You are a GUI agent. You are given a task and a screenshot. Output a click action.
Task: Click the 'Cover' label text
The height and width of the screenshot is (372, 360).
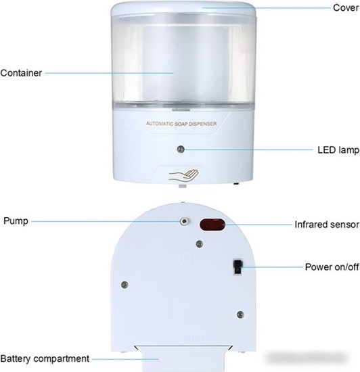(x=346, y=7)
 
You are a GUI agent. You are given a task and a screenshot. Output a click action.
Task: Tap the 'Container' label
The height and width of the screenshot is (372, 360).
(x=21, y=73)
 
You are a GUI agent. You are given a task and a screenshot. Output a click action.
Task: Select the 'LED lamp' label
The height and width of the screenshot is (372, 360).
(x=338, y=150)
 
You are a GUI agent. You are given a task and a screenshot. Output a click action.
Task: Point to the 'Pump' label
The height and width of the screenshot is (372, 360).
(x=16, y=221)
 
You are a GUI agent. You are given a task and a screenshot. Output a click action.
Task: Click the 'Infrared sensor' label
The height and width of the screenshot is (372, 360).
(x=327, y=225)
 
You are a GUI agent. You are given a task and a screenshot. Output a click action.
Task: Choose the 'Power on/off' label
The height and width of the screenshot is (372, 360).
(x=332, y=267)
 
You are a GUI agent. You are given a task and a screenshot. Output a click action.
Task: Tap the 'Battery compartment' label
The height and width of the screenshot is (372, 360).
(x=45, y=358)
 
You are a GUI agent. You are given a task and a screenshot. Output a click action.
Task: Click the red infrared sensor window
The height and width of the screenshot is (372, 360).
(x=212, y=225)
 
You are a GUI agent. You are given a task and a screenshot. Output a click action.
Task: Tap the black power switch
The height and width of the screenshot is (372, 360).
(x=238, y=267)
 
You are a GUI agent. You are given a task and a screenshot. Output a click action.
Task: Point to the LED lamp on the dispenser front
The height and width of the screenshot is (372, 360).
(x=181, y=149)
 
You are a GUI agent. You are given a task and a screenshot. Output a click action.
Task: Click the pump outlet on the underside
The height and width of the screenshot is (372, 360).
(x=184, y=221)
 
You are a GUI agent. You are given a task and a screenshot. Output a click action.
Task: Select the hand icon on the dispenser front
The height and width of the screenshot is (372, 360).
(x=183, y=176)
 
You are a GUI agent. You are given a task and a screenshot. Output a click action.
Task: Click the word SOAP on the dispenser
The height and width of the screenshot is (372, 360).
(x=181, y=124)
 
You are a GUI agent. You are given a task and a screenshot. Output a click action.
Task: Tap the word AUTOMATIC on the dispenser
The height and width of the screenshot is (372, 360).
(x=160, y=124)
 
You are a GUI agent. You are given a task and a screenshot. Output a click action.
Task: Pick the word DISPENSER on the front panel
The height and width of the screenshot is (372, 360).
(x=202, y=124)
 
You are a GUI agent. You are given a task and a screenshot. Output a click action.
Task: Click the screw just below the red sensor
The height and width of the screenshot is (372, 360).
(x=200, y=243)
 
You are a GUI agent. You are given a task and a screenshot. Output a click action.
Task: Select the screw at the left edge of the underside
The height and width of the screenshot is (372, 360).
(x=125, y=285)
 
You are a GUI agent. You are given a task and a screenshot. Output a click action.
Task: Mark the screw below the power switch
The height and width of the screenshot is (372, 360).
(x=240, y=315)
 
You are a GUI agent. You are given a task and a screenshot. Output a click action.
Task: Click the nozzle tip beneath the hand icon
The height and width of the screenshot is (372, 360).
(x=182, y=186)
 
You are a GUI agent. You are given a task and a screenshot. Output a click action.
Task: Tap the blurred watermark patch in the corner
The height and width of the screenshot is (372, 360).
(x=306, y=358)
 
